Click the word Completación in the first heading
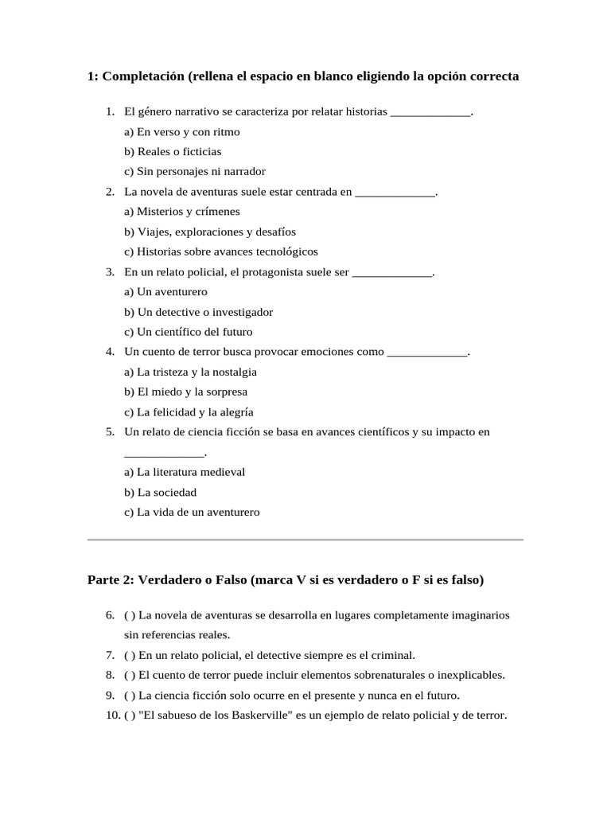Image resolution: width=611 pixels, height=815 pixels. point(143,76)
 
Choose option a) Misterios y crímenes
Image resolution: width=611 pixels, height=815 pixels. point(182,212)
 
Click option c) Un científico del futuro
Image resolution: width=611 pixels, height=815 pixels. point(189,332)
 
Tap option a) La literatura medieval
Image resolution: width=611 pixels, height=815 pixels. point(185,472)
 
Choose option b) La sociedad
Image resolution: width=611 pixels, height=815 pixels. point(160,492)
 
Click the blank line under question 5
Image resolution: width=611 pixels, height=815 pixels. point(165,453)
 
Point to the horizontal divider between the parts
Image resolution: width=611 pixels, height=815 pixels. point(305,540)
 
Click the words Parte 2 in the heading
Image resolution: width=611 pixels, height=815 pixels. point(110,580)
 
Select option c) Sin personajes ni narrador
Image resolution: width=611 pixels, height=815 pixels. point(195,171)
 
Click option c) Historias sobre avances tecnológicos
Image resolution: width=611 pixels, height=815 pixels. point(220,252)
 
